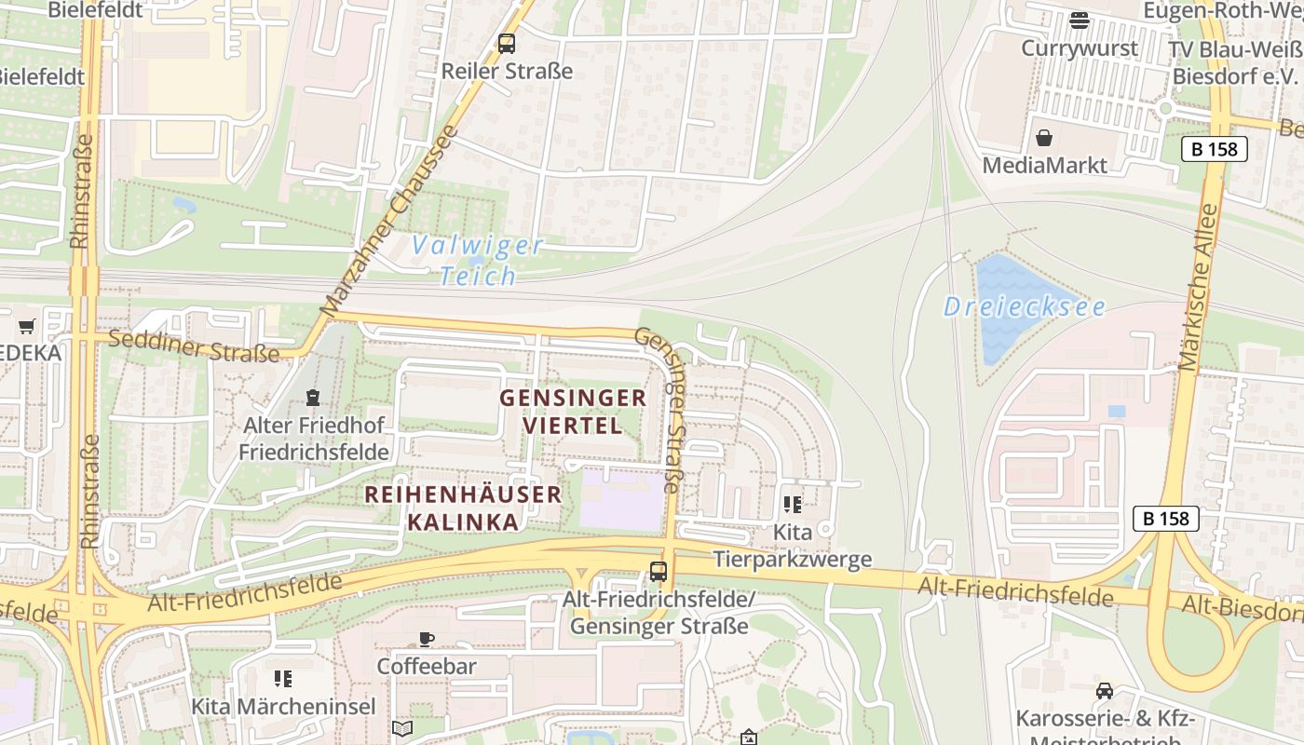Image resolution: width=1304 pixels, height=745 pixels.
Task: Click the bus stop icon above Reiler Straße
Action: click(506, 43)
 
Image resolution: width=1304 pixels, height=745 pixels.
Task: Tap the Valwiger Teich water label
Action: click(478, 261)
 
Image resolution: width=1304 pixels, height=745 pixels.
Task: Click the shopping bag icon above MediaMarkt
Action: click(1044, 138)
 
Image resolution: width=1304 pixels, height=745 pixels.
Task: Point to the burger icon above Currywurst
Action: click(1080, 20)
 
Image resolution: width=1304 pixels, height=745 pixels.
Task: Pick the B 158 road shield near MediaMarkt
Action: click(1214, 149)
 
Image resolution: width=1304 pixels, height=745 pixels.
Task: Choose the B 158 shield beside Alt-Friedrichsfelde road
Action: click(1165, 519)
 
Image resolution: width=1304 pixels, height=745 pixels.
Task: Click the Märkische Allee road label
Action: click(1199, 289)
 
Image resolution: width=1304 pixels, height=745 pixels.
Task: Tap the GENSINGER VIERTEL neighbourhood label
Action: click(573, 412)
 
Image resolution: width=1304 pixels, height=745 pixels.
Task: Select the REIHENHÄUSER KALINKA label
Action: click(463, 508)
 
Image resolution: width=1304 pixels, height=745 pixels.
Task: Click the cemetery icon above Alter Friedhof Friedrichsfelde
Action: click(313, 398)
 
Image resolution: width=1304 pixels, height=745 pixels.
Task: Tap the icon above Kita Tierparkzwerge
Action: click(792, 505)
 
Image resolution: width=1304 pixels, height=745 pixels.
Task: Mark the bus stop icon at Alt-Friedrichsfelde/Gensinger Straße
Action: click(659, 571)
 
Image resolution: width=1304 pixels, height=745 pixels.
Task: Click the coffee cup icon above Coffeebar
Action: click(426, 639)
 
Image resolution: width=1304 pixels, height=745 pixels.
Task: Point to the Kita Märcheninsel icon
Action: click(283, 679)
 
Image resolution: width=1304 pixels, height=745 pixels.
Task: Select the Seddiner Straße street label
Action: click(194, 345)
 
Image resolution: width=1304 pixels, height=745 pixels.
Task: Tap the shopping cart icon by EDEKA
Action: click(26, 326)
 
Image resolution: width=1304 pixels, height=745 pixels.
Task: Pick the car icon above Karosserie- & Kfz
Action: click(1104, 691)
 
